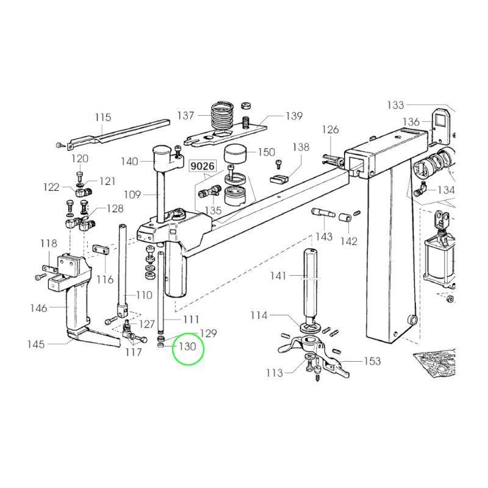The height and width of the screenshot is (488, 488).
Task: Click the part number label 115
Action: coord(103,117)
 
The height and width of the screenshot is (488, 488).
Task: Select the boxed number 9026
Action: coord(203,166)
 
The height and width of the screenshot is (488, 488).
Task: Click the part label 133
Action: coord(395,105)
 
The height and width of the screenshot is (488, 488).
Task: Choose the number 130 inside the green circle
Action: coord(188,346)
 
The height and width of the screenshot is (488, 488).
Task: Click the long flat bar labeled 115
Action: coord(119,132)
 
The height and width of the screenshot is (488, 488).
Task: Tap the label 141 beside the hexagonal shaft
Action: coord(278,276)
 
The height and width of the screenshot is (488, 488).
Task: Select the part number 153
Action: coord(372,361)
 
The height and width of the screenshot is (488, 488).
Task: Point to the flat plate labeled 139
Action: coord(226,134)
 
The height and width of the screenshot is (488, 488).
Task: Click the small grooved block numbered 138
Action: coord(279,179)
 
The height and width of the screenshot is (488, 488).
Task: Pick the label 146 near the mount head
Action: coord(38,308)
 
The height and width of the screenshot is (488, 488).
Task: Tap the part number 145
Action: coord(36,344)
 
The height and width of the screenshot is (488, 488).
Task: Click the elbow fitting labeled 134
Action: coord(421,189)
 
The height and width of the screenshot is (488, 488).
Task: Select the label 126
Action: coord(330,129)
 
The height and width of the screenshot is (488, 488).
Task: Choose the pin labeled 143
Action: coord(323,213)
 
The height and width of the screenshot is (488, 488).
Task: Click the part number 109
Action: coord(132,195)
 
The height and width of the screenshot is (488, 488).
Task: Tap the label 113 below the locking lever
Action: coord(274,373)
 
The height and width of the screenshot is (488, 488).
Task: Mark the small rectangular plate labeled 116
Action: coord(101,249)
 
